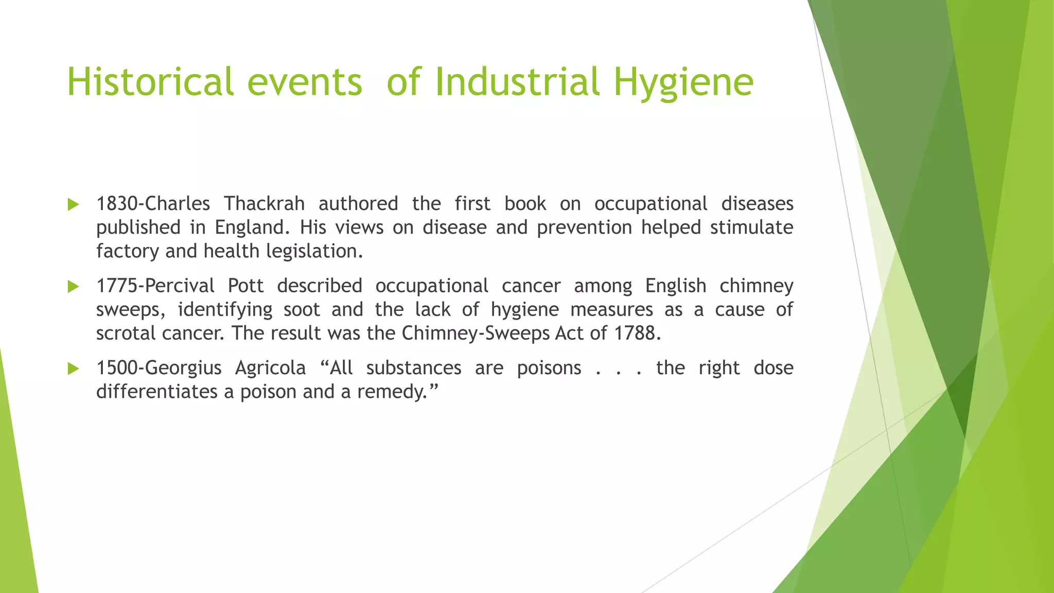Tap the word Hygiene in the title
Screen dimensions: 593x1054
(683, 82)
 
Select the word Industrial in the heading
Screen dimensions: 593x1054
(517, 82)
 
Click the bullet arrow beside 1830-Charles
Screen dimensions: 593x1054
(73, 205)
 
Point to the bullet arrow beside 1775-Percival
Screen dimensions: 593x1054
(73, 287)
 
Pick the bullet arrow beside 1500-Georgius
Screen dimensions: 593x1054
(73, 369)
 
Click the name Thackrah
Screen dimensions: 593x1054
(264, 204)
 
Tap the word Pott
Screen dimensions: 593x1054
(245, 286)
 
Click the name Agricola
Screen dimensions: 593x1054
(270, 368)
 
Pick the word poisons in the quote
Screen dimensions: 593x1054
(549, 368)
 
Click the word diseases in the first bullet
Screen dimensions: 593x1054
(757, 204)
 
